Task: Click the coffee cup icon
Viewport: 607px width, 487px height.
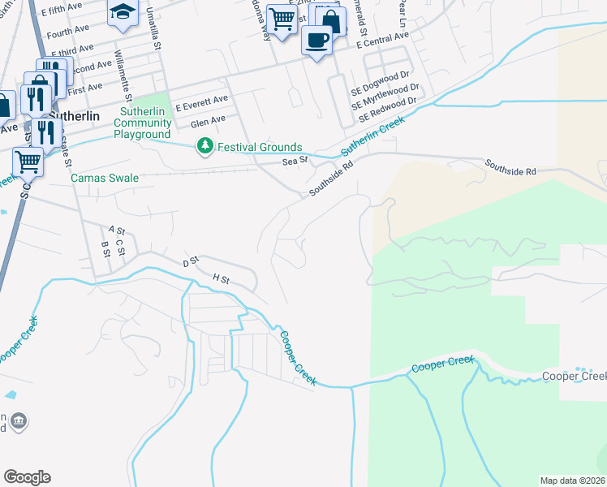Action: point(316,38)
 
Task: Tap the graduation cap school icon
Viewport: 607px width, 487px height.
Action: point(123,11)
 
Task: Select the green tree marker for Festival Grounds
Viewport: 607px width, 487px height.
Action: point(204,147)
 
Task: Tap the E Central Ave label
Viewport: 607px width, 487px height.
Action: point(384,39)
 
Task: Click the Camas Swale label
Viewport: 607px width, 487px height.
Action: point(105,178)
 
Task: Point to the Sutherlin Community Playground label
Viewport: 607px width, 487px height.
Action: point(143,123)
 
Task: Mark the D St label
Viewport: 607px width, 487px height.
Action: point(191,263)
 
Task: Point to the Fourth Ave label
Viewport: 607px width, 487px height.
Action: point(68,32)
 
